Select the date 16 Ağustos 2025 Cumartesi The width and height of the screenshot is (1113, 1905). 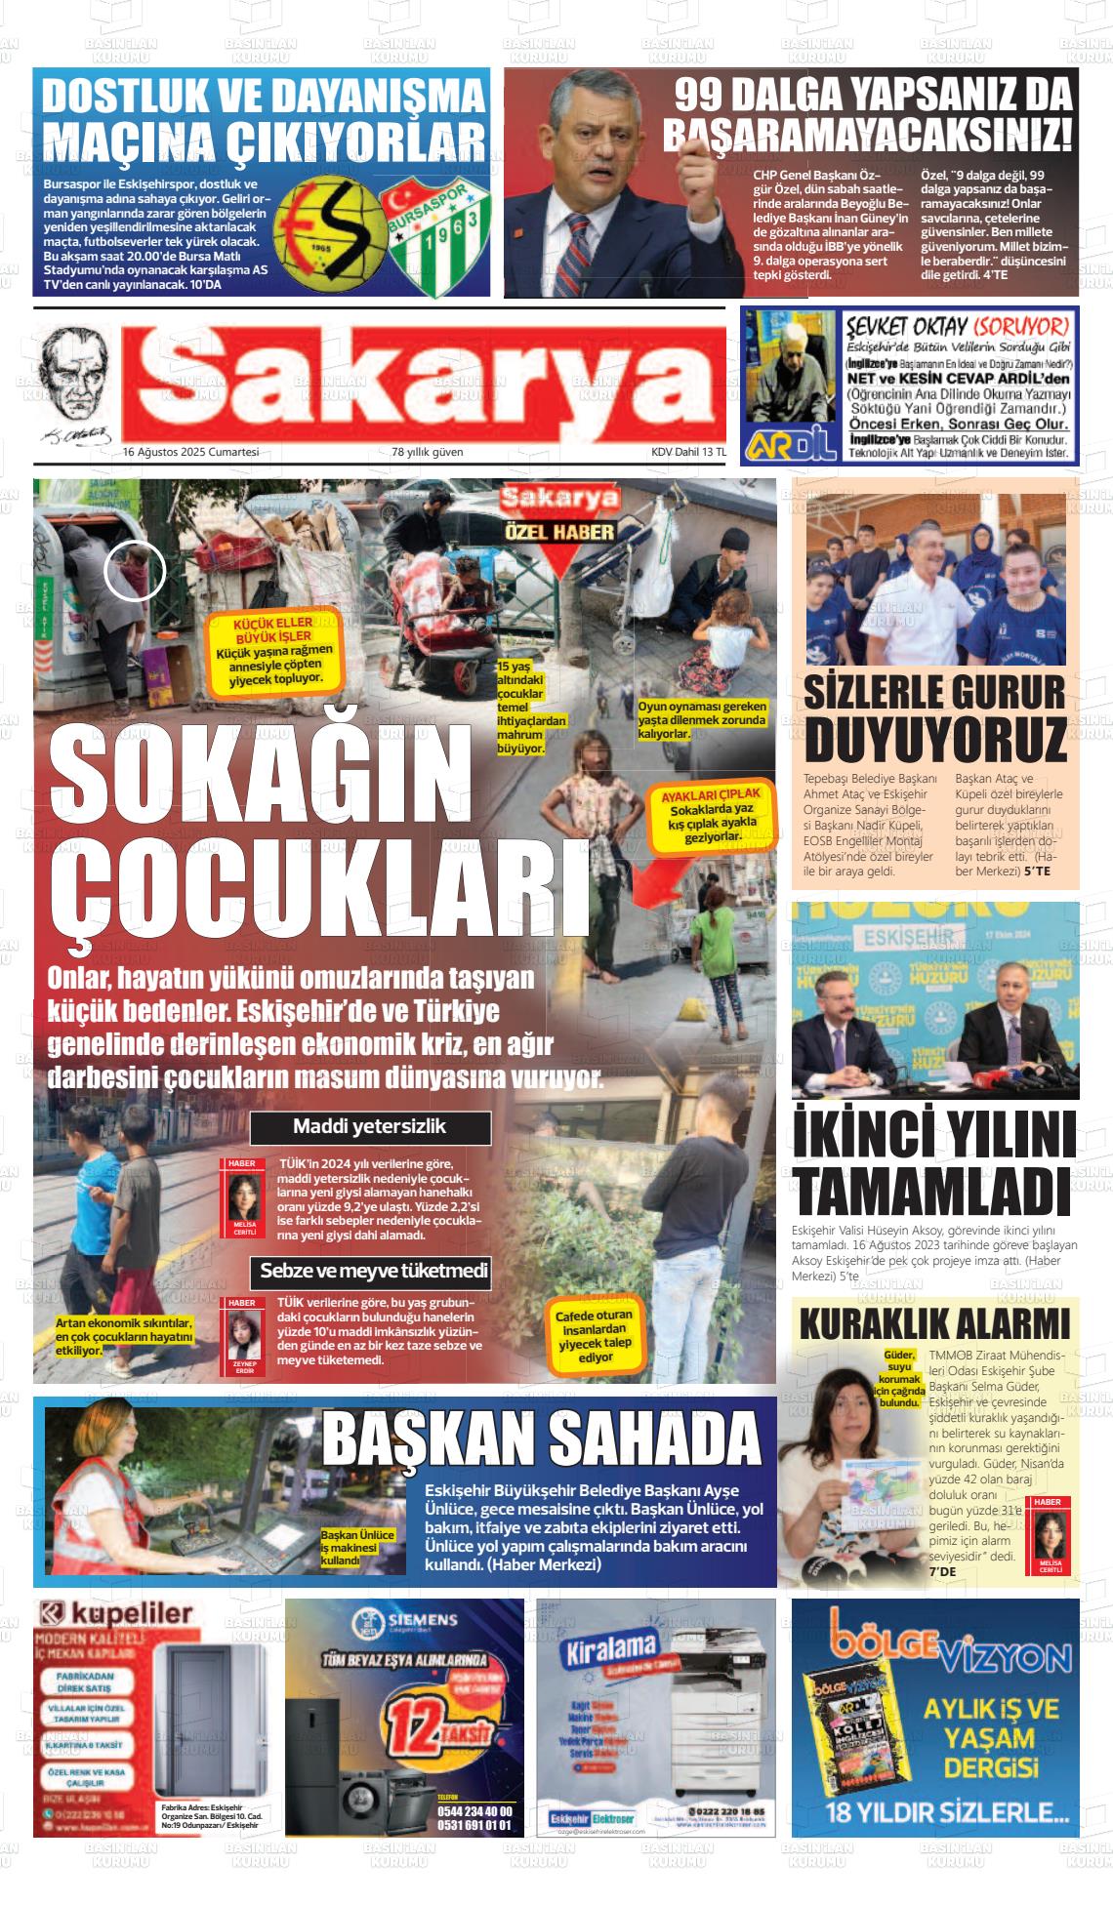pyautogui.click(x=190, y=452)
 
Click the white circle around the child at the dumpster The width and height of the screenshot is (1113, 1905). pyautogui.click(x=135, y=570)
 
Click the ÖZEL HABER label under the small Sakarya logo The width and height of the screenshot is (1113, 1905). pyautogui.click(x=559, y=533)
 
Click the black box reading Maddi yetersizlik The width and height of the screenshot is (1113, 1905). pyautogui.click(x=370, y=1127)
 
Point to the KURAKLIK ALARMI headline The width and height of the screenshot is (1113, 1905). pyautogui.click(x=934, y=1325)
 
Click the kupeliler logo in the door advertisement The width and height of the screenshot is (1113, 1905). pyautogui.click(x=115, y=1614)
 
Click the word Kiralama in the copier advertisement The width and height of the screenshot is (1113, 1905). pyautogui.click(x=611, y=1647)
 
